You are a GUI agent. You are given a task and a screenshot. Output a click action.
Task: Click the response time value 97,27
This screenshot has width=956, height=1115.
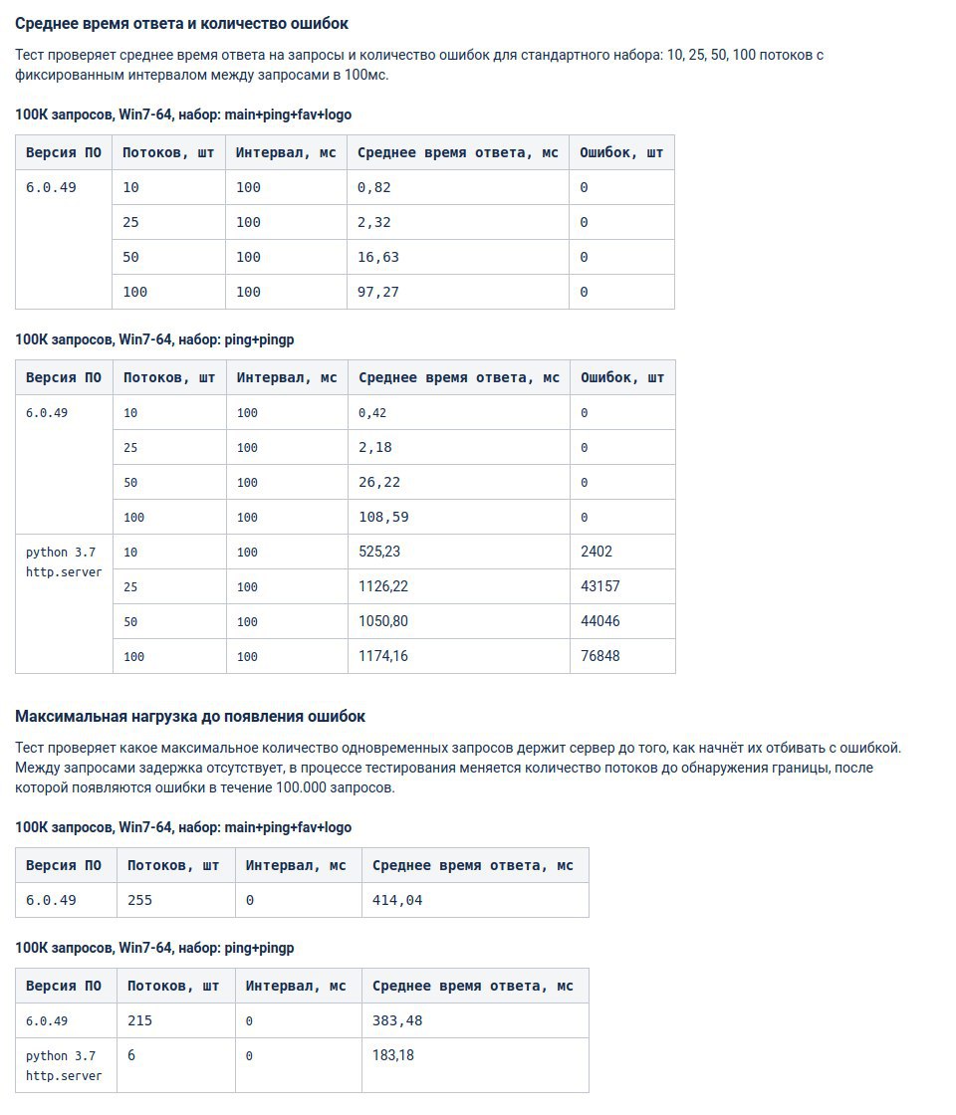click(x=378, y=292)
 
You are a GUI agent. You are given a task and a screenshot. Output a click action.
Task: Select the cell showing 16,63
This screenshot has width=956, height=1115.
click(x=378, y=257)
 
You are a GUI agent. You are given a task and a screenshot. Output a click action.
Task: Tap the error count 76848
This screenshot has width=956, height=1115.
click(x=600, y=656)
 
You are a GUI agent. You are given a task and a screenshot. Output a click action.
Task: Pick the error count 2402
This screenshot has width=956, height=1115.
click(x=597, y=552)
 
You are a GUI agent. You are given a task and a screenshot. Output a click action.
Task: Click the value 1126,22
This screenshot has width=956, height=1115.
click(x=383, y=586)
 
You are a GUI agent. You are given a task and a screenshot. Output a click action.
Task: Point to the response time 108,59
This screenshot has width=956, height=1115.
click(x=383, y=517)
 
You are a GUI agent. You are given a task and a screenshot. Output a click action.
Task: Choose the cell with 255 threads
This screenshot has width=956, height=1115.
click(x=140, y=900)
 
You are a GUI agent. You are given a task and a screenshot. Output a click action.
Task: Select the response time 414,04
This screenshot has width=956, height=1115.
click(x=397, y=900)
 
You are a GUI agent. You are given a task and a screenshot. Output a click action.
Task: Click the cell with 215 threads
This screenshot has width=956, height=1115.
click(x=140, y=1020)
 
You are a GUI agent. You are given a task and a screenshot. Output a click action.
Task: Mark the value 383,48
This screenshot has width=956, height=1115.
click(x=397, y=1020)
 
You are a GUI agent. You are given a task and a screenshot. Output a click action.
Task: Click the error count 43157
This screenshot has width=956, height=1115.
click(x=600, y=586)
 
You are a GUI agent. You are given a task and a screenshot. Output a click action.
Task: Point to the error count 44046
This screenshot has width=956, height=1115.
click(x=600, y=621)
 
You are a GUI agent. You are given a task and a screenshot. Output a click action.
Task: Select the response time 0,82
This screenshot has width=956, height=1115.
click(x=374, y=187)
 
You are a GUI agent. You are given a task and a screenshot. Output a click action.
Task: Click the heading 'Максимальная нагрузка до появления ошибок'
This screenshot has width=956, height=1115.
click(x=190, y=716)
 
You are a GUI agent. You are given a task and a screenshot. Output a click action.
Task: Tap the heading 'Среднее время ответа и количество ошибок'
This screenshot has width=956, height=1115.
click(x=182, y=23)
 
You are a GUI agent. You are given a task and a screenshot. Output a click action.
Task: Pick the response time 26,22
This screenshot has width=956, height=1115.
click(x=379, y=482)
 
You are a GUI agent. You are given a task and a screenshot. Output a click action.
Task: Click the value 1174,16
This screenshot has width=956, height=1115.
click(x=383, y=656)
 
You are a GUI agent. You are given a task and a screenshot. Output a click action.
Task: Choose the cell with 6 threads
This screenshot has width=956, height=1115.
click(x=131, y=1055)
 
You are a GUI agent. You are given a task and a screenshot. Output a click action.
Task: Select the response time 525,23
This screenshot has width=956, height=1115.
click(x=379, y=552)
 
